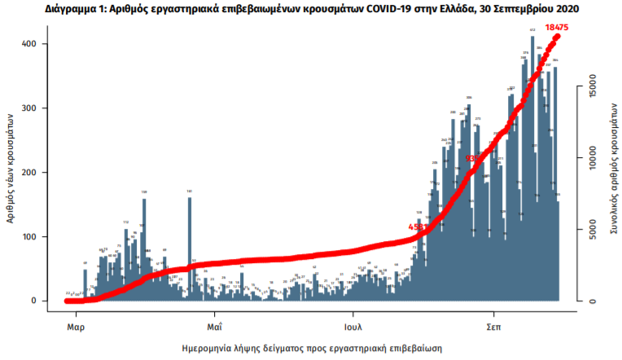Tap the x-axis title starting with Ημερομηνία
312,348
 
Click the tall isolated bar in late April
190,248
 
